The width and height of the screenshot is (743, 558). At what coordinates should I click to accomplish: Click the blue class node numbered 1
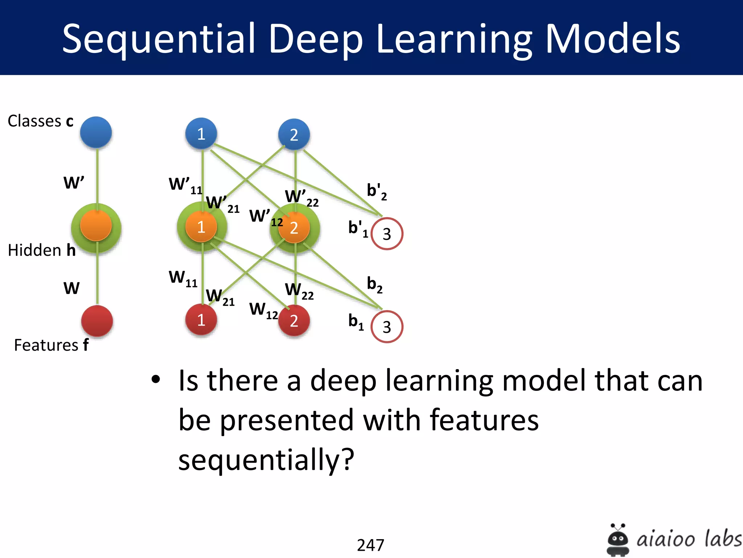[x=201, y=134]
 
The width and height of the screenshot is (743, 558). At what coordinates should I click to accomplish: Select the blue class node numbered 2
[x=294, y=135]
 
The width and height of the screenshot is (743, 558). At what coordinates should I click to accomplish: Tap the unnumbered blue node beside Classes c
[x=96, y=132]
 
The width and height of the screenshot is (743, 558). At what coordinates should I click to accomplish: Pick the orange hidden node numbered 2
[x=294, y=228]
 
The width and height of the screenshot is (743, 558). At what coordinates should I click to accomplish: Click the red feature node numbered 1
[x=201, y=320]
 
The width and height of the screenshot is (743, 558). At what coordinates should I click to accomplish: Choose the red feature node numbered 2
[x=294, y=321]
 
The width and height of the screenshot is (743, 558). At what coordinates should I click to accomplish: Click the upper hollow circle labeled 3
[x=387, y=234]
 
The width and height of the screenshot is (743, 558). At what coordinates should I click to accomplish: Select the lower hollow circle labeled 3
[x=387, y=327]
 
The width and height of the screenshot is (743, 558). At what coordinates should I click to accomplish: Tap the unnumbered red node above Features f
[x=97, y=321]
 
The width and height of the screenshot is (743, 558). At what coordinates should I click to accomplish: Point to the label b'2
[x=377, y=191]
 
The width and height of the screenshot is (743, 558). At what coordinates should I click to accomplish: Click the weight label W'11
[x=185, y=185]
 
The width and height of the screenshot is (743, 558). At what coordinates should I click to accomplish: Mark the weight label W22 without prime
[x=299, y=291]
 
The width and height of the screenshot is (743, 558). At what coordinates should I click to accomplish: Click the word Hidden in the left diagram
[x=34, y=250]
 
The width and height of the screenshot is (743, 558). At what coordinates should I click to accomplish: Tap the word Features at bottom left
[x=46, y=345]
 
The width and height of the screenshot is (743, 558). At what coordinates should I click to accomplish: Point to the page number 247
[x=370, y=545]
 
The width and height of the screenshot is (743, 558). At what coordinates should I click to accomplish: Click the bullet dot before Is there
[x=156, y=380]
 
